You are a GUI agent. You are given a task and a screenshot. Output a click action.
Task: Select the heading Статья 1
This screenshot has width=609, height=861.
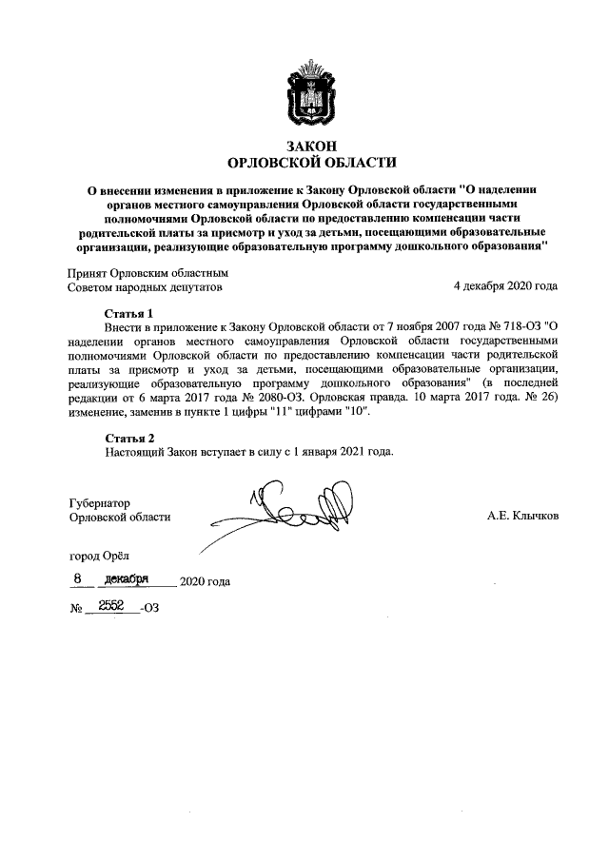point(128,313)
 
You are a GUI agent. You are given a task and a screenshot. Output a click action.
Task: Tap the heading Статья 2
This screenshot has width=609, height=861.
point(128,438)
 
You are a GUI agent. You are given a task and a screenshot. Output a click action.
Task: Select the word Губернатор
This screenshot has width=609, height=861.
point(99,501)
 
